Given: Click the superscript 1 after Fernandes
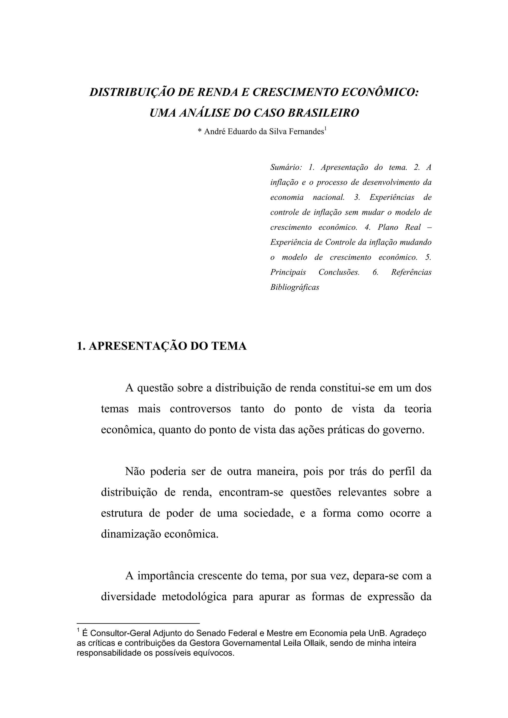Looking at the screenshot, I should pos(325,129).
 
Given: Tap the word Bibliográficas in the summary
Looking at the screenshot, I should pos(294,287).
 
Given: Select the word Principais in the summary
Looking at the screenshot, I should pos(288,272).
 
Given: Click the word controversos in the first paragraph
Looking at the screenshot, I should pos(200,409).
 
